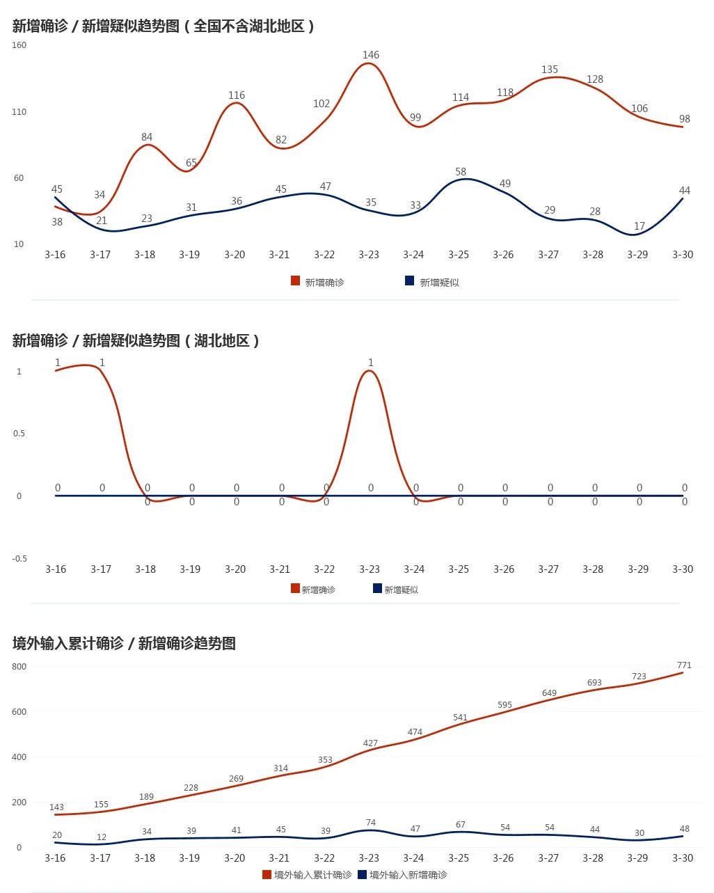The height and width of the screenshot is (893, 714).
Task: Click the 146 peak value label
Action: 371,55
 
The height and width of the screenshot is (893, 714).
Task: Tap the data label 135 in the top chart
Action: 550,70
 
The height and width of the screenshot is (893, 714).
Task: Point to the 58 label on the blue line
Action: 461,172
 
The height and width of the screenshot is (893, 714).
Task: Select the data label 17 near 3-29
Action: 640,226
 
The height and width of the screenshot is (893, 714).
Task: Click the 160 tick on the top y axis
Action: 19,45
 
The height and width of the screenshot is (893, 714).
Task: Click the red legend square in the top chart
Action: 296,281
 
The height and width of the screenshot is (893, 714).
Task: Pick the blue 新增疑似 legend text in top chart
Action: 439,283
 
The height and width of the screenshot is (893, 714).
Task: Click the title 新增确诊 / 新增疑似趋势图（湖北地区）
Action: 136,340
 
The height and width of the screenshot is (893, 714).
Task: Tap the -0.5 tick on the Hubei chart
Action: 19,558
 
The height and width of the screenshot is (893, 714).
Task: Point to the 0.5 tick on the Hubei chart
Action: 19,434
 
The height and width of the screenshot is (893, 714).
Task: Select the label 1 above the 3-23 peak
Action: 371,363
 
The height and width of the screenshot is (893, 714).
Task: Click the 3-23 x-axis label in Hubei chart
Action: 370,569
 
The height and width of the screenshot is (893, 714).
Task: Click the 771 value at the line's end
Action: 684,665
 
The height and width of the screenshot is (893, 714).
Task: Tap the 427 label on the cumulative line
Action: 370,743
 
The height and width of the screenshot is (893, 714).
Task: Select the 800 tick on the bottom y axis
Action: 19,667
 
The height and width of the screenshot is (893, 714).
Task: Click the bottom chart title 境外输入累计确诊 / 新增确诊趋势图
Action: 124,643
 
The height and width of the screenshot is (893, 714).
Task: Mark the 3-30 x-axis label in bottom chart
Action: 683,858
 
